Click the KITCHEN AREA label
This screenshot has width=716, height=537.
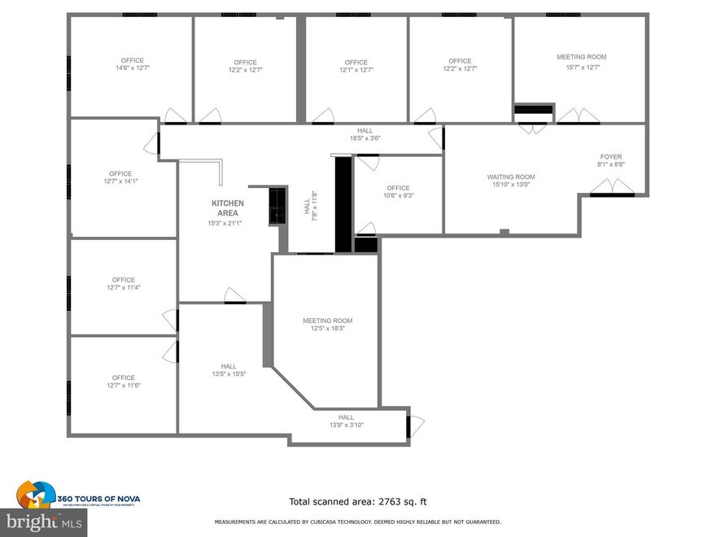227,208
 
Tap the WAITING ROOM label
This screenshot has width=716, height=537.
511,177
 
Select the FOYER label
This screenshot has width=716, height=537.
611,156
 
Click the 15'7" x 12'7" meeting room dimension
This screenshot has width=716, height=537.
582,68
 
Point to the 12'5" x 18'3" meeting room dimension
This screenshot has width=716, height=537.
327,329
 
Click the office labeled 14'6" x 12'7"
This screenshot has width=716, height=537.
132,64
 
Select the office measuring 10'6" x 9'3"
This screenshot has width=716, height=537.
398,192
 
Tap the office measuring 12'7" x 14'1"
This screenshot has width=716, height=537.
120,177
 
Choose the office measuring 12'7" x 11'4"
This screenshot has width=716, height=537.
123,284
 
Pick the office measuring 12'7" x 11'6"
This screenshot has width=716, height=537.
123,382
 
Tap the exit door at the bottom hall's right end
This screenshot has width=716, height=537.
415,426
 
